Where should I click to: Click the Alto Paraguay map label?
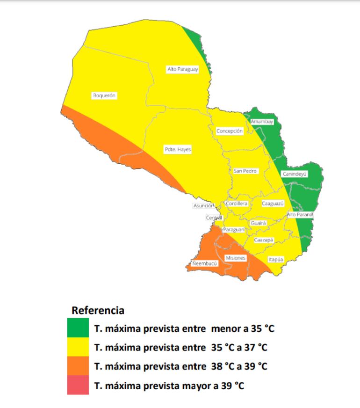(x=183, y=69)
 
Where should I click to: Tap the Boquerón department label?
(x=104, y=95)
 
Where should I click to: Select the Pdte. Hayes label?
(x=178, y=150)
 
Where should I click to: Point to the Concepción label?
(x=230, y=131)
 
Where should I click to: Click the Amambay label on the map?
(x=262, y=122)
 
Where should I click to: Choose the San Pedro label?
(x=245, y=171)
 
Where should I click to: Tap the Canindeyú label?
(x=295, y=174)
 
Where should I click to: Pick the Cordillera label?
(x=237, y=204)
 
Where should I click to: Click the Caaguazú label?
(x=273, y=204)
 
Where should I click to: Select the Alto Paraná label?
(x=300, y=215)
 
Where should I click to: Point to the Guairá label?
(x=258, y=224)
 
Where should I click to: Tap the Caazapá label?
(x=264, y=240)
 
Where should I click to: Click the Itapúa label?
(x=276, y=259)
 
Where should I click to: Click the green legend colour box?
(x=78, y=328)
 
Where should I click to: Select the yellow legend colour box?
(x=78, y=347)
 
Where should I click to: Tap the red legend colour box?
(x=78, y=386)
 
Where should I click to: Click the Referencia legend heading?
(x=98, y=310)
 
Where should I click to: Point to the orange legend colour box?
(x=78, y=366)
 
